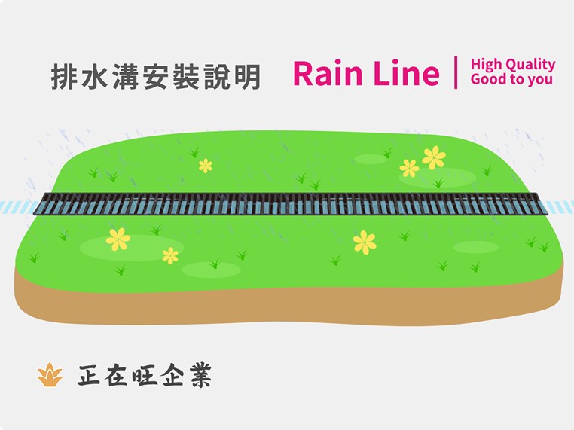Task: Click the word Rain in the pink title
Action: coord(328,73)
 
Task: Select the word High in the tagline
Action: coord(486,65)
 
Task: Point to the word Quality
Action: coord(530,66)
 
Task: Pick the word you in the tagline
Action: coord(539,80)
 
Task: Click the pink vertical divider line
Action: coord(456,72)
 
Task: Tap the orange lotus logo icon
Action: coord(50,374)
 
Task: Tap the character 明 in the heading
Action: coord(247,77)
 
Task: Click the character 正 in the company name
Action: coord(91,374)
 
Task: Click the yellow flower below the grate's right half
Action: coord(365,242)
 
